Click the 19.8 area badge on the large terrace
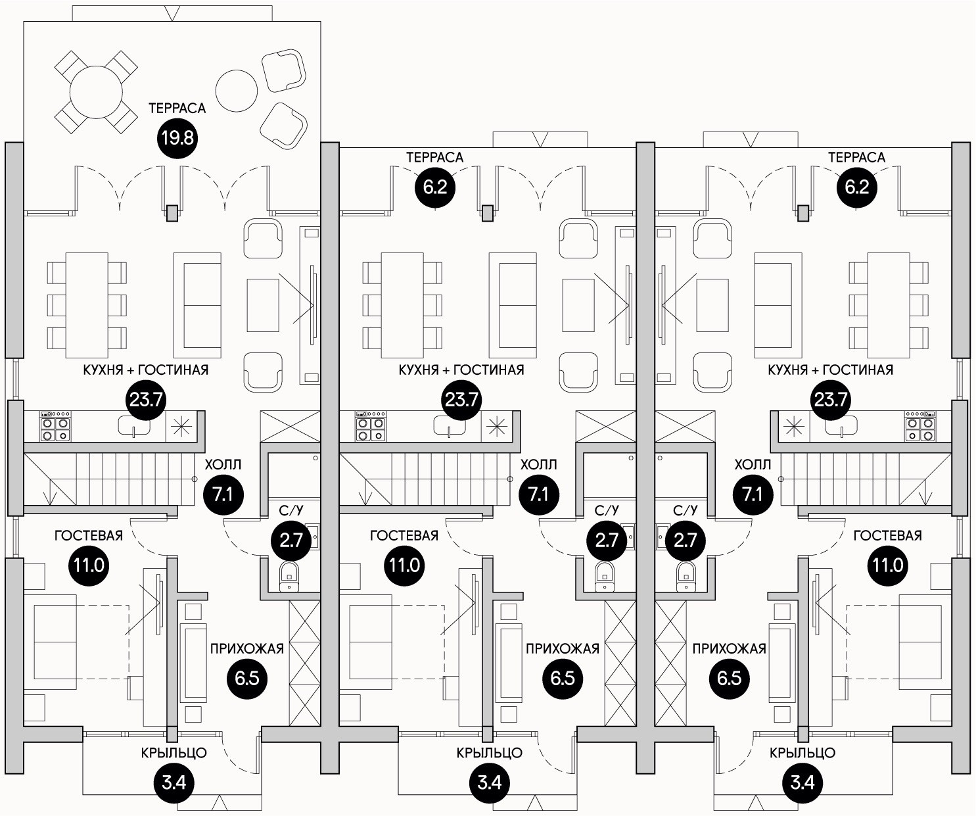(x=177, y=139)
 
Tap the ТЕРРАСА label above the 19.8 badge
(x=177, y=108)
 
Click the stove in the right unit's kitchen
(x=919, y=425)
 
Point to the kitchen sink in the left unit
(x=133, y=426)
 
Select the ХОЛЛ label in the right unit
(x=752, y=465)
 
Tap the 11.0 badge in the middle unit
(x=405, y=565)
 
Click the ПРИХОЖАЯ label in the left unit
(x=246, y=649)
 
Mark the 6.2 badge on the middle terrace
(x=435, y=187)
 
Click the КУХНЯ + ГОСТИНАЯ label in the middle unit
(x=461, y=370)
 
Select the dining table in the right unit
(x=889, y=300)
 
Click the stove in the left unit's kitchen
(x=55, y=425)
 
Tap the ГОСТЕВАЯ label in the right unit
(x=887, y=536)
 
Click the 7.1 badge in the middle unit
(x=539, y=493)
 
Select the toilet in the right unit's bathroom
(x=685, y=575)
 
